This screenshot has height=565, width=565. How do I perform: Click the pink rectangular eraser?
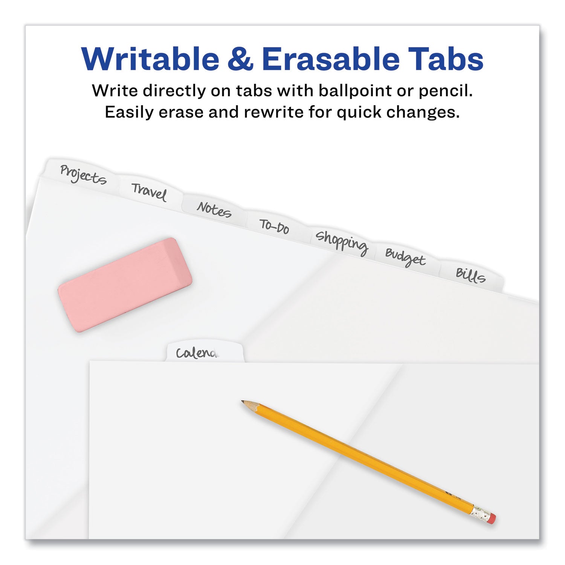coord(125,285)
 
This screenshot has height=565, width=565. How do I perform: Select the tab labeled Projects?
coord(83,175)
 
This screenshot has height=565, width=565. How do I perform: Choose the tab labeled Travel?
coord(149,192)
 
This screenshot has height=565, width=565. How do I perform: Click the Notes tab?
coord(214,209)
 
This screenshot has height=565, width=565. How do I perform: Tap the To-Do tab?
coord(275,226)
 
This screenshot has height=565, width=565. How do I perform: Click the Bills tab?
coord(470,276)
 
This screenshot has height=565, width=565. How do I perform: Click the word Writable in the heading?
coord(150,59)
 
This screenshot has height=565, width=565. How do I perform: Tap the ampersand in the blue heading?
coord(240,60)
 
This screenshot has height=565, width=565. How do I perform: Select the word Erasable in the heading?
coord(331,59)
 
